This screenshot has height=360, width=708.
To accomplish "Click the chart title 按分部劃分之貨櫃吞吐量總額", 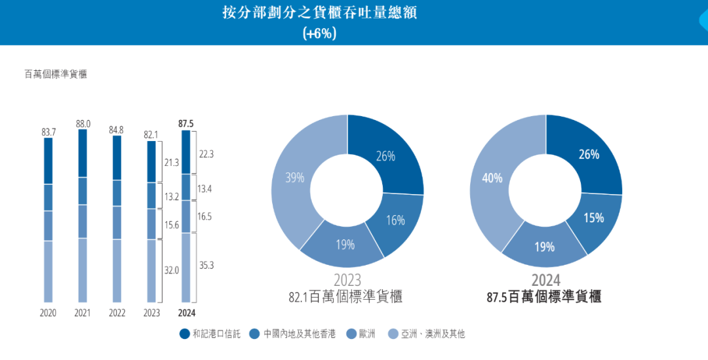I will [319, 13].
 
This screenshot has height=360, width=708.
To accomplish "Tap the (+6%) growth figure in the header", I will [319, 33].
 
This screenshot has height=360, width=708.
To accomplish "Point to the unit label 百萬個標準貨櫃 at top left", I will [56, 74].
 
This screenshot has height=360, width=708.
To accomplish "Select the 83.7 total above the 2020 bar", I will [49, 132].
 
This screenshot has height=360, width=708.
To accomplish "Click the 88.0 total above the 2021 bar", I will [83, 123].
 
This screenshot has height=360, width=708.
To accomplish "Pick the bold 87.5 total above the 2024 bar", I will [186, 123].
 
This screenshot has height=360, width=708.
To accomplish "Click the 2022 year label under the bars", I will [117, 313].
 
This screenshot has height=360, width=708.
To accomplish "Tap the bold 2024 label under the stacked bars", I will [186, 313].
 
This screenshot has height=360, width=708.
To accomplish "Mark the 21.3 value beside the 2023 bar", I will [172, 162].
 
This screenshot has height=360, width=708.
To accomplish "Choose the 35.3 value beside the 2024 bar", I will [206, 266].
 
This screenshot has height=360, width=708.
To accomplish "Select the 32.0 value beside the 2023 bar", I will [172, 270].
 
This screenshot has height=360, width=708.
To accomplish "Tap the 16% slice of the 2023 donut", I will [395, 220].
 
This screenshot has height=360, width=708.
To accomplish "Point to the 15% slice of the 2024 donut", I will [593, 218].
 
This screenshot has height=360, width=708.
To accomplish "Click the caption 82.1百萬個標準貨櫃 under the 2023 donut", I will [345, 296].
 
